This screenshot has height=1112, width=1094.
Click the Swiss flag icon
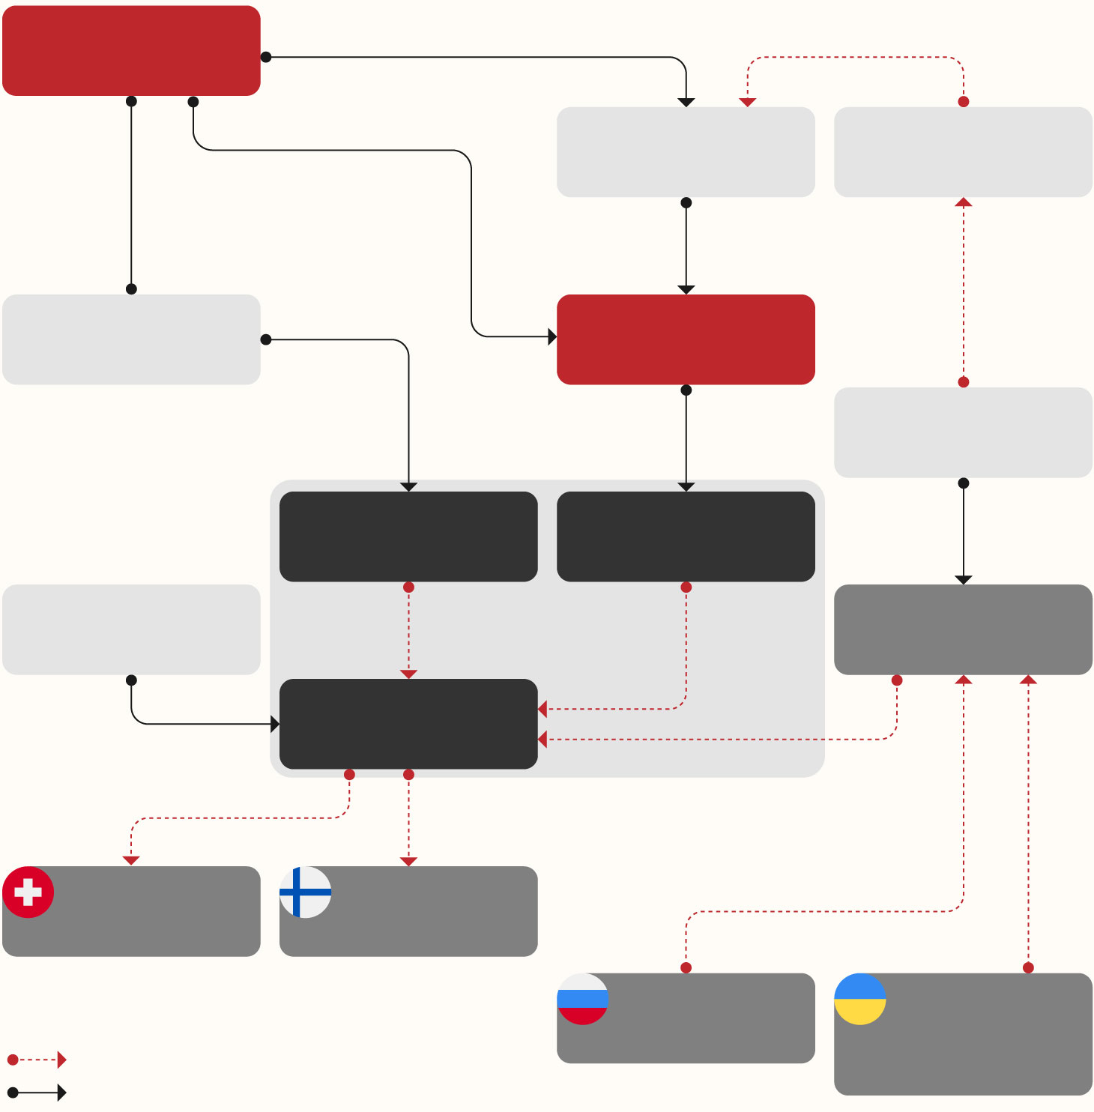point(28,892)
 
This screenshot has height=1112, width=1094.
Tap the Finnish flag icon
point(306,892)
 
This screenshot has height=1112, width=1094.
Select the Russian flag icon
point(583,999)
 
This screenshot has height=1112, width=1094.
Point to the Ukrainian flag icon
point(860,999)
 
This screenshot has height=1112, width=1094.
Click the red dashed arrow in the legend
point(37,1060)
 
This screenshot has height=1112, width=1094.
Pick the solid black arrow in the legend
point(37,1093)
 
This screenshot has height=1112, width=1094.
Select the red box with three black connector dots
point(131,50)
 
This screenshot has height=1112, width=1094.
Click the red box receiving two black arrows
point(686,339)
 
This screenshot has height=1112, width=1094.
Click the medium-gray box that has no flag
point(963,629)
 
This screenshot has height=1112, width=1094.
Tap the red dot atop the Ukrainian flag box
point(1028,967)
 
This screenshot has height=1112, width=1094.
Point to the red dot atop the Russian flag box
point(686,967)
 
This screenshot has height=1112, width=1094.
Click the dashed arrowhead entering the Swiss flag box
point(131,860)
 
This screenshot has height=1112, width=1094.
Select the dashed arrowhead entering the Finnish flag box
point(408,861)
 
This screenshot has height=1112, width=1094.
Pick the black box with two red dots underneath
point(408,724)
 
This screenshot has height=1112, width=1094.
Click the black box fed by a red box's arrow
point(686,537)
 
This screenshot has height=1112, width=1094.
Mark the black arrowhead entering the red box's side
point(552,336)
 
